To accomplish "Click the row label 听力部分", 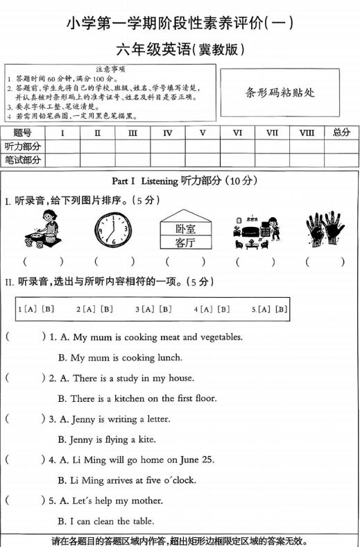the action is pos(23,146).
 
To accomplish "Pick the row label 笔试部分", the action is pos(23,160).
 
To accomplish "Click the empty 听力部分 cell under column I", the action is pos(62,146).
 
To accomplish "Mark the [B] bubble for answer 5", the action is pos(281,309).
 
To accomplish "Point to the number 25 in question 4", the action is pos(207,460).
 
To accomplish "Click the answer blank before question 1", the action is pos(23,337).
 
